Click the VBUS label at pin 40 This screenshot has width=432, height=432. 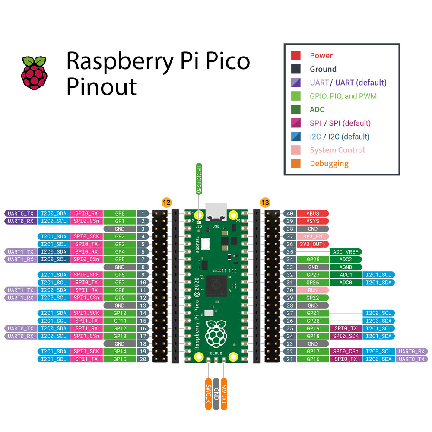click(312, 213)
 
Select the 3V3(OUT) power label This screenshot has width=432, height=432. click(312, 244)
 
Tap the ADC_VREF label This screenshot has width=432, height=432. click(346, 252)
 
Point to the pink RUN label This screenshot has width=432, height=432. click(312, 290)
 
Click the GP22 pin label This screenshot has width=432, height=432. click(312, 298)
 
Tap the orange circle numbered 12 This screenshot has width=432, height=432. click(166, 202)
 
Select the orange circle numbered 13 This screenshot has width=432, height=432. click(265, 202)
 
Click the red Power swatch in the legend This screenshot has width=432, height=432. click(296, 55)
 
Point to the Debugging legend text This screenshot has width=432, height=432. click(329, 164)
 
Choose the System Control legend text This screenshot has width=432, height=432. click(337, 150)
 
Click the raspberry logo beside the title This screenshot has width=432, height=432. click(35, 73)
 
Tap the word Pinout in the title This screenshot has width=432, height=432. click(102, 86)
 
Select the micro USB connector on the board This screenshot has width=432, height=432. click(216, 212)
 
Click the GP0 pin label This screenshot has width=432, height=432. click(120, 213)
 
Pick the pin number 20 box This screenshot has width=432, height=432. click(143, 359)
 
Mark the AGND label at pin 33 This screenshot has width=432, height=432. click(346, 267)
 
